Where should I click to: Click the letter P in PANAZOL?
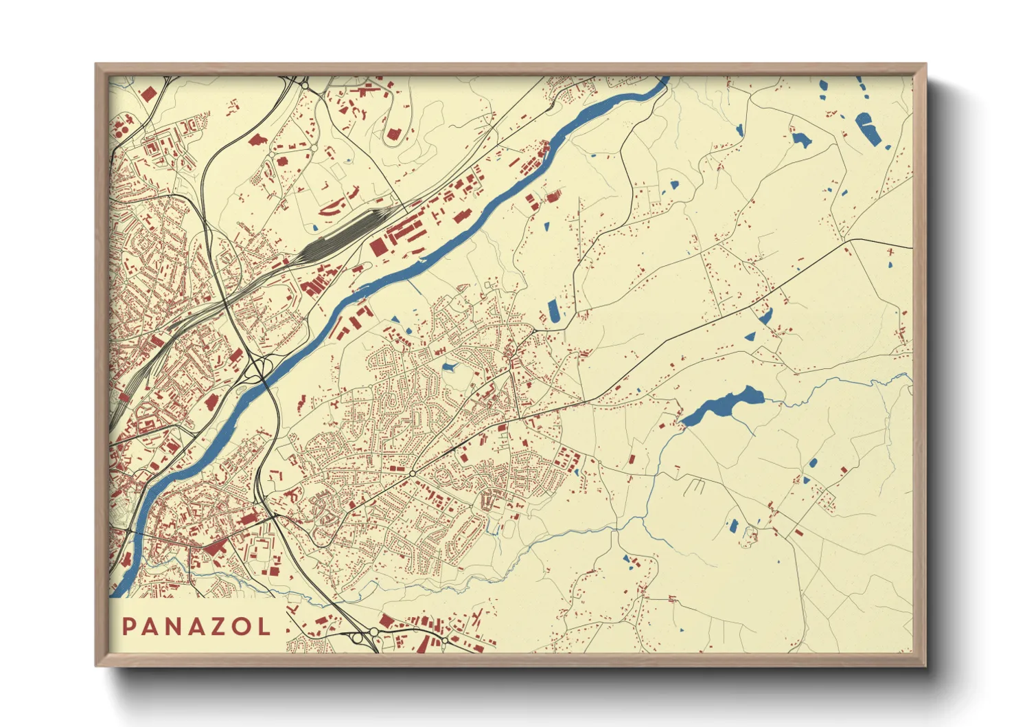click(128, 627)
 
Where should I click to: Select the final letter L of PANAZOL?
click(264, 627)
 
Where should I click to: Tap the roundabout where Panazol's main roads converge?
click(412, 473)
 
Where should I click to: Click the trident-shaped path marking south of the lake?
click(695, 486)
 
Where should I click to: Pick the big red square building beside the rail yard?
click(378, 247)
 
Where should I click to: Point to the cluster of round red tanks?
click(122, 126)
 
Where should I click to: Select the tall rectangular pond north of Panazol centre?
click(554, 311)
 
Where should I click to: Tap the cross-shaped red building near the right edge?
click(890, 252)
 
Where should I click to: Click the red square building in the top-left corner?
click(148, 94)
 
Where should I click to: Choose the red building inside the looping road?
click(393, 133)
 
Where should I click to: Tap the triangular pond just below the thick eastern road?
click(750, 337)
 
